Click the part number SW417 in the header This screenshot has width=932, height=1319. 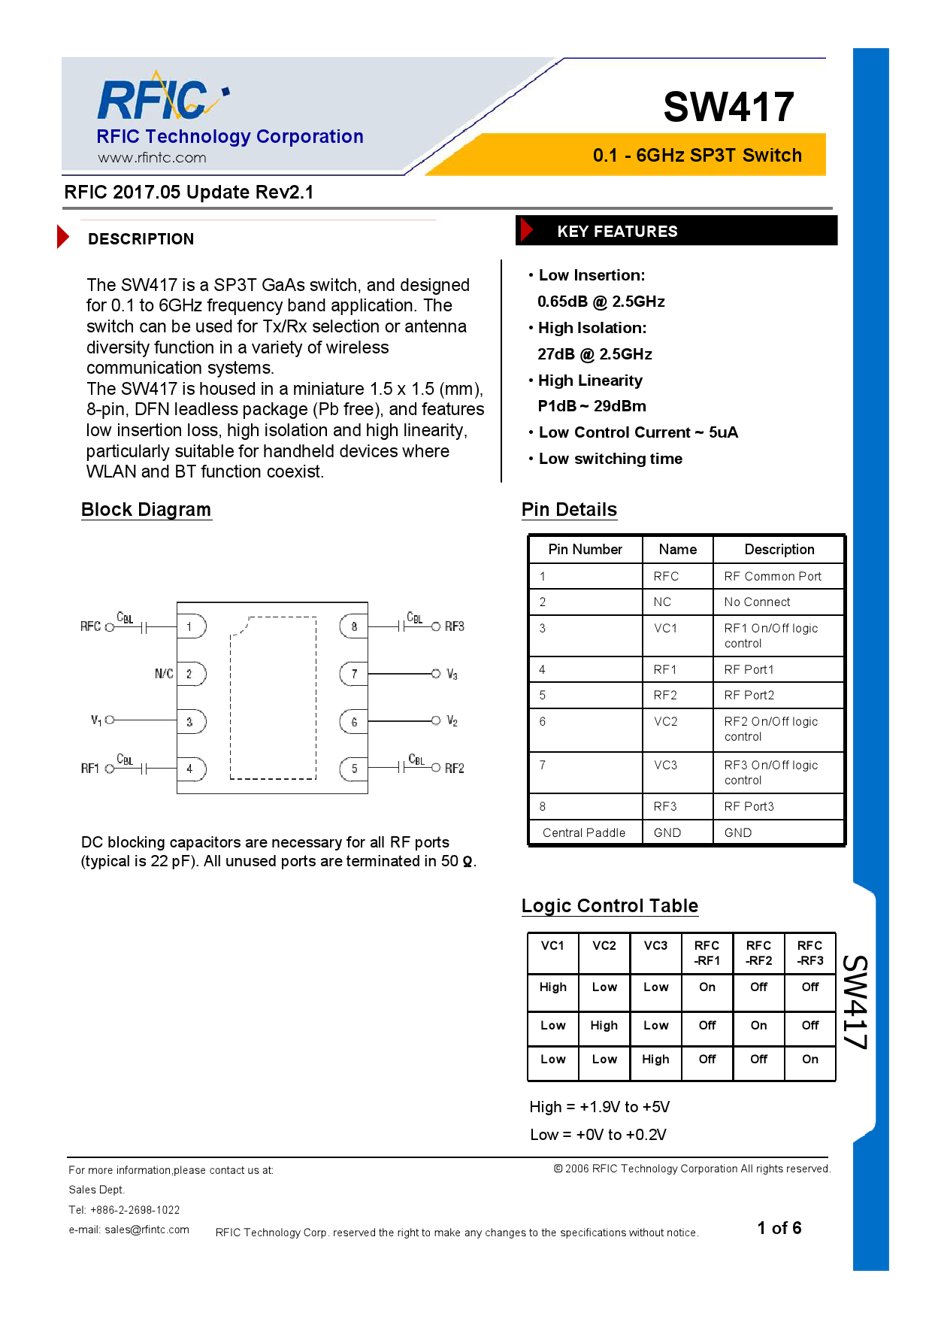728,107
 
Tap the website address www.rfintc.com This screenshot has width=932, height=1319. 152,158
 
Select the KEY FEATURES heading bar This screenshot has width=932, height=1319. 676,231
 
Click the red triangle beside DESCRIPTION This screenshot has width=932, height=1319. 63,237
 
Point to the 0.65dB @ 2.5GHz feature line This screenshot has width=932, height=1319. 601,302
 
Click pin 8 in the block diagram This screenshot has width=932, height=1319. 354,626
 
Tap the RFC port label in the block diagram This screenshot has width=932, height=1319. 90,626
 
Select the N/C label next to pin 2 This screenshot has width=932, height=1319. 164,674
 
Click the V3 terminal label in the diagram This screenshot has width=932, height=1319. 452,675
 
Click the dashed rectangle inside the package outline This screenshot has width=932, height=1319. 274,698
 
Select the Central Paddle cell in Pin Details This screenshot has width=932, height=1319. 584,832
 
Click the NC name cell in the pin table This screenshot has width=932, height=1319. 662,602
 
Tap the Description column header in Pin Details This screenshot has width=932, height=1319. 779,549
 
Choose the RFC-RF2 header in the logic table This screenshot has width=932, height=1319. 758,953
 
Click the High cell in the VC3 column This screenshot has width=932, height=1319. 655,1059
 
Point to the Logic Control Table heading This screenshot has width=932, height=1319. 610,905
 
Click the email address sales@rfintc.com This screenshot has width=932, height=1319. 147,1230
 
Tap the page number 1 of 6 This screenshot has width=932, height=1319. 779,1228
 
